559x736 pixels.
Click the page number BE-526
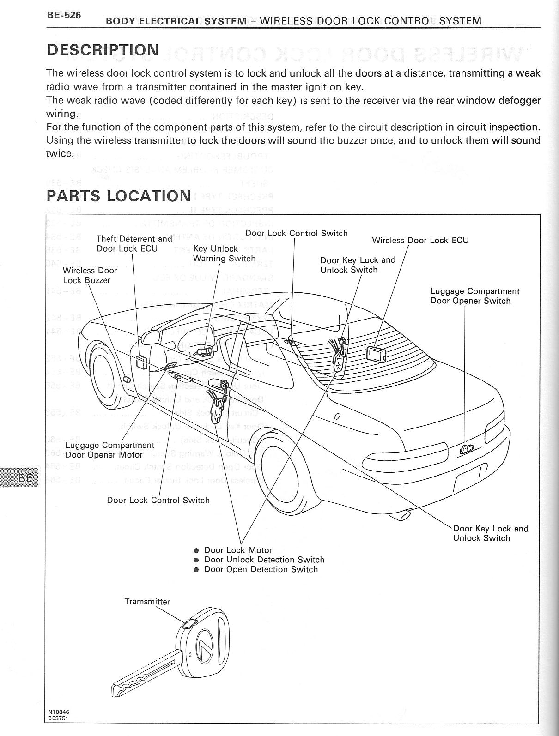(x=64, y=15)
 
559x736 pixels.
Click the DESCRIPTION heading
(x=103, y=50)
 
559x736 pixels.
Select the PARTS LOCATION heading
(x=119, y=196)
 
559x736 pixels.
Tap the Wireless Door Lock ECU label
(x=420, y=240)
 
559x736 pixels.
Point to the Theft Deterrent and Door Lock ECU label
(x=134, y=244)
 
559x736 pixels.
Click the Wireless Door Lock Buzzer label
(x=90, y=275)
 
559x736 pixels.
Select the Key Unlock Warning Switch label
(x=224, y=253)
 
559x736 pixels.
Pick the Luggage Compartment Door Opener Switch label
(x=474, y=296)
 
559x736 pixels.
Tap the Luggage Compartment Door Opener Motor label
(x=109, y=450)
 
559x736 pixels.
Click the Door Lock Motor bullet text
(x=238, y=550)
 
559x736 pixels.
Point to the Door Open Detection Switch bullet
(x=261, y=569)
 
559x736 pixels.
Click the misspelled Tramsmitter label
(x=147, y=602)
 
